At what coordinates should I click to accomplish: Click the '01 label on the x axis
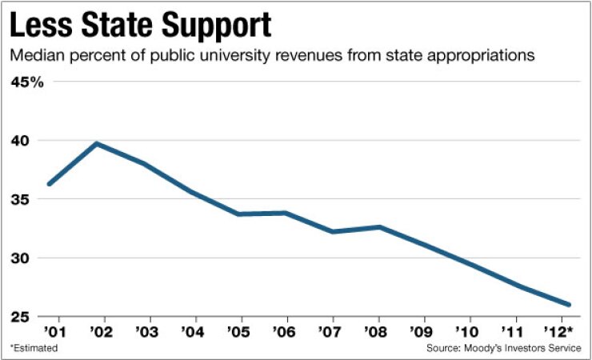(x=53, y=330)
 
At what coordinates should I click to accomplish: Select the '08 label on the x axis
(x=379, y=330)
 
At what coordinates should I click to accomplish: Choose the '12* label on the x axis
(x=565, y=330)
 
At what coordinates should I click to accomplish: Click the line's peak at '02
(x=97, y=143)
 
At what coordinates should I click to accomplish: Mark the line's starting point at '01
(x=50, y=184)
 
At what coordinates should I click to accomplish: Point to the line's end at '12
(x=568, y=305)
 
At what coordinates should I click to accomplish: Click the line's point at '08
(x=379, y=227)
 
